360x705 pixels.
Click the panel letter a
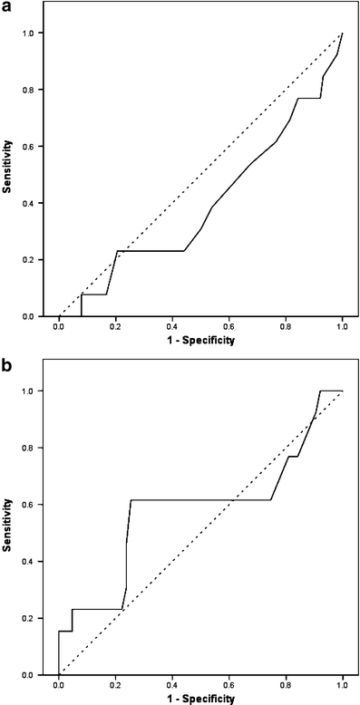click(x=7, y=7)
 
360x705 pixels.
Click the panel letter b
click(x=7, y=367)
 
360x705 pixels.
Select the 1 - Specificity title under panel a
click(x=200, y=341)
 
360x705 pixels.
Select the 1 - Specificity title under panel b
click(x=200, y=699)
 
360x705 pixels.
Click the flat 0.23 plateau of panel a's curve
click(x=150, y=251)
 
